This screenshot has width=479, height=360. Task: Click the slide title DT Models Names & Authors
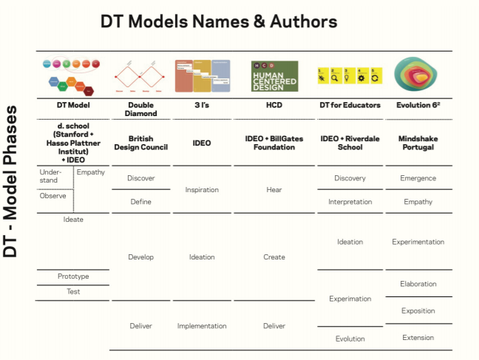219,22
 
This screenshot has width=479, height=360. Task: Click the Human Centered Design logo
274,76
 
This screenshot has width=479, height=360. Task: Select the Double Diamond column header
141,109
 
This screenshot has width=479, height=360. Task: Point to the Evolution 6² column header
418,105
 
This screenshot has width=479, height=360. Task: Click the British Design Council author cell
141,143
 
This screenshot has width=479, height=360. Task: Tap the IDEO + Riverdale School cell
350,143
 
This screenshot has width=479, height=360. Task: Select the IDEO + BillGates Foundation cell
274,143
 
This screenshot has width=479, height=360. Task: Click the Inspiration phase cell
202,190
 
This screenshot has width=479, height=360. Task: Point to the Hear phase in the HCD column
274,190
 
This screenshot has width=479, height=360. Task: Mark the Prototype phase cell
73,276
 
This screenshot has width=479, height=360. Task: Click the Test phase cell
73,292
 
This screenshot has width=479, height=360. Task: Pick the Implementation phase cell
202,326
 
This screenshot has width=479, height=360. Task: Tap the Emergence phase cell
418,178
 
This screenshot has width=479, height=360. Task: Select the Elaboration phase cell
418,284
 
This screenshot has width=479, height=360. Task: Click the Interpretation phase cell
350,202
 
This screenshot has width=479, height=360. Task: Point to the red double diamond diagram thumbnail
141,76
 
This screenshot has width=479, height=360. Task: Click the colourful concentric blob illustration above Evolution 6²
418,75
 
